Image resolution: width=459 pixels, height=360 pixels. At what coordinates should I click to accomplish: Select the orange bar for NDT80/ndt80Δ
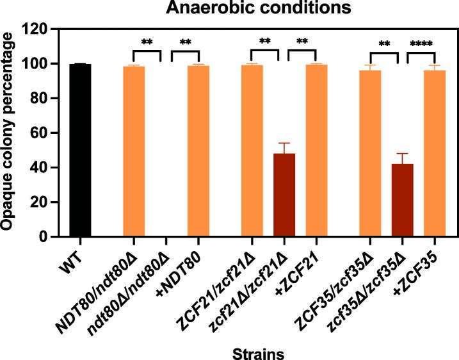[x=134, y=152]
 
